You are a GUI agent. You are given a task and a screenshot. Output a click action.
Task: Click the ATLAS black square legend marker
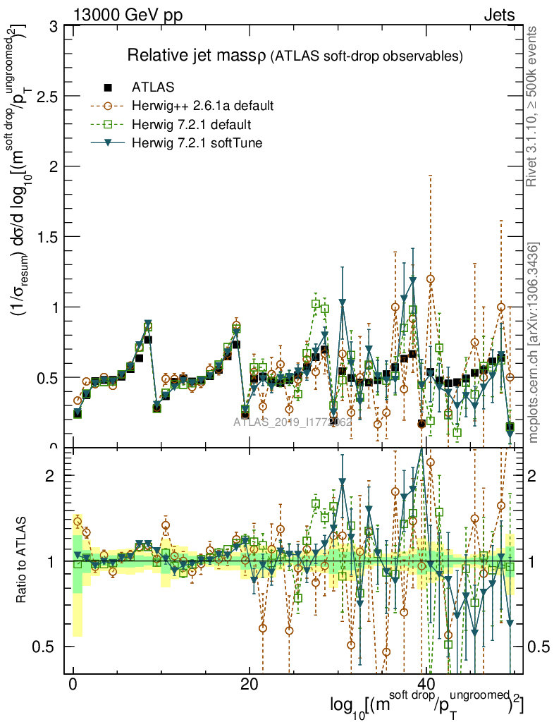coord(108,87)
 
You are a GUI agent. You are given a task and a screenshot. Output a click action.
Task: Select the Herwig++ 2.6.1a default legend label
coord(202,106)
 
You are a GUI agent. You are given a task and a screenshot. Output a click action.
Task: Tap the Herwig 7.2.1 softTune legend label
coord(196,144)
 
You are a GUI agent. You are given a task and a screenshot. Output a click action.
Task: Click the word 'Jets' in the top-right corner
coord(499,16)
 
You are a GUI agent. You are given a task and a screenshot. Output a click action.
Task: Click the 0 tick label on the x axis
coord(73,685)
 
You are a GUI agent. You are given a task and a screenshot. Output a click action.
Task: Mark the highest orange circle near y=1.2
coord(430,279)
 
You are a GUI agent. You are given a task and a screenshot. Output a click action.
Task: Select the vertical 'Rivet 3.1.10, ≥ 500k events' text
coord(533,107)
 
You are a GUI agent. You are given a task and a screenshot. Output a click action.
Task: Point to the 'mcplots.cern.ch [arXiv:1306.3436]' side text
coord(533,342)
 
